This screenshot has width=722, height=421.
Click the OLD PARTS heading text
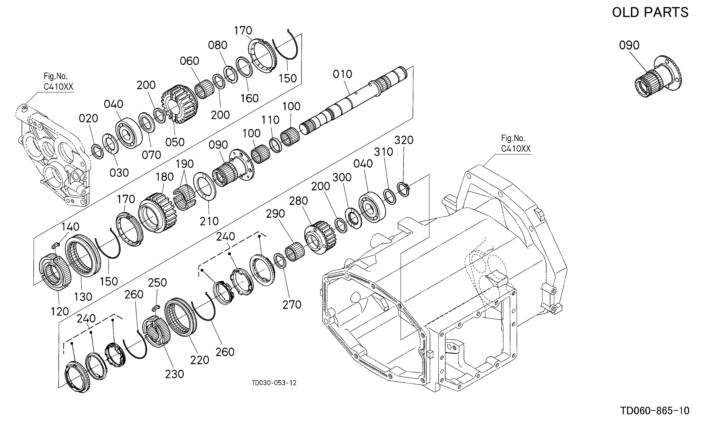[x=650, y=12]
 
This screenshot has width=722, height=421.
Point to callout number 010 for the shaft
[x=342, y=74]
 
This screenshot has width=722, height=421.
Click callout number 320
[x=404, y=140]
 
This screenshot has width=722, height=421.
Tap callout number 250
[x=157, y=283]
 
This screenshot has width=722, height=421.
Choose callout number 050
[x=175, y=142]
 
